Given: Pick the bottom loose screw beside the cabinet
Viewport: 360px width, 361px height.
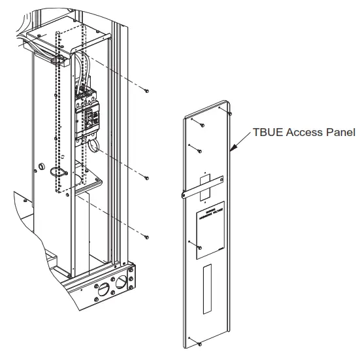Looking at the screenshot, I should click(x=148, y=236).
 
